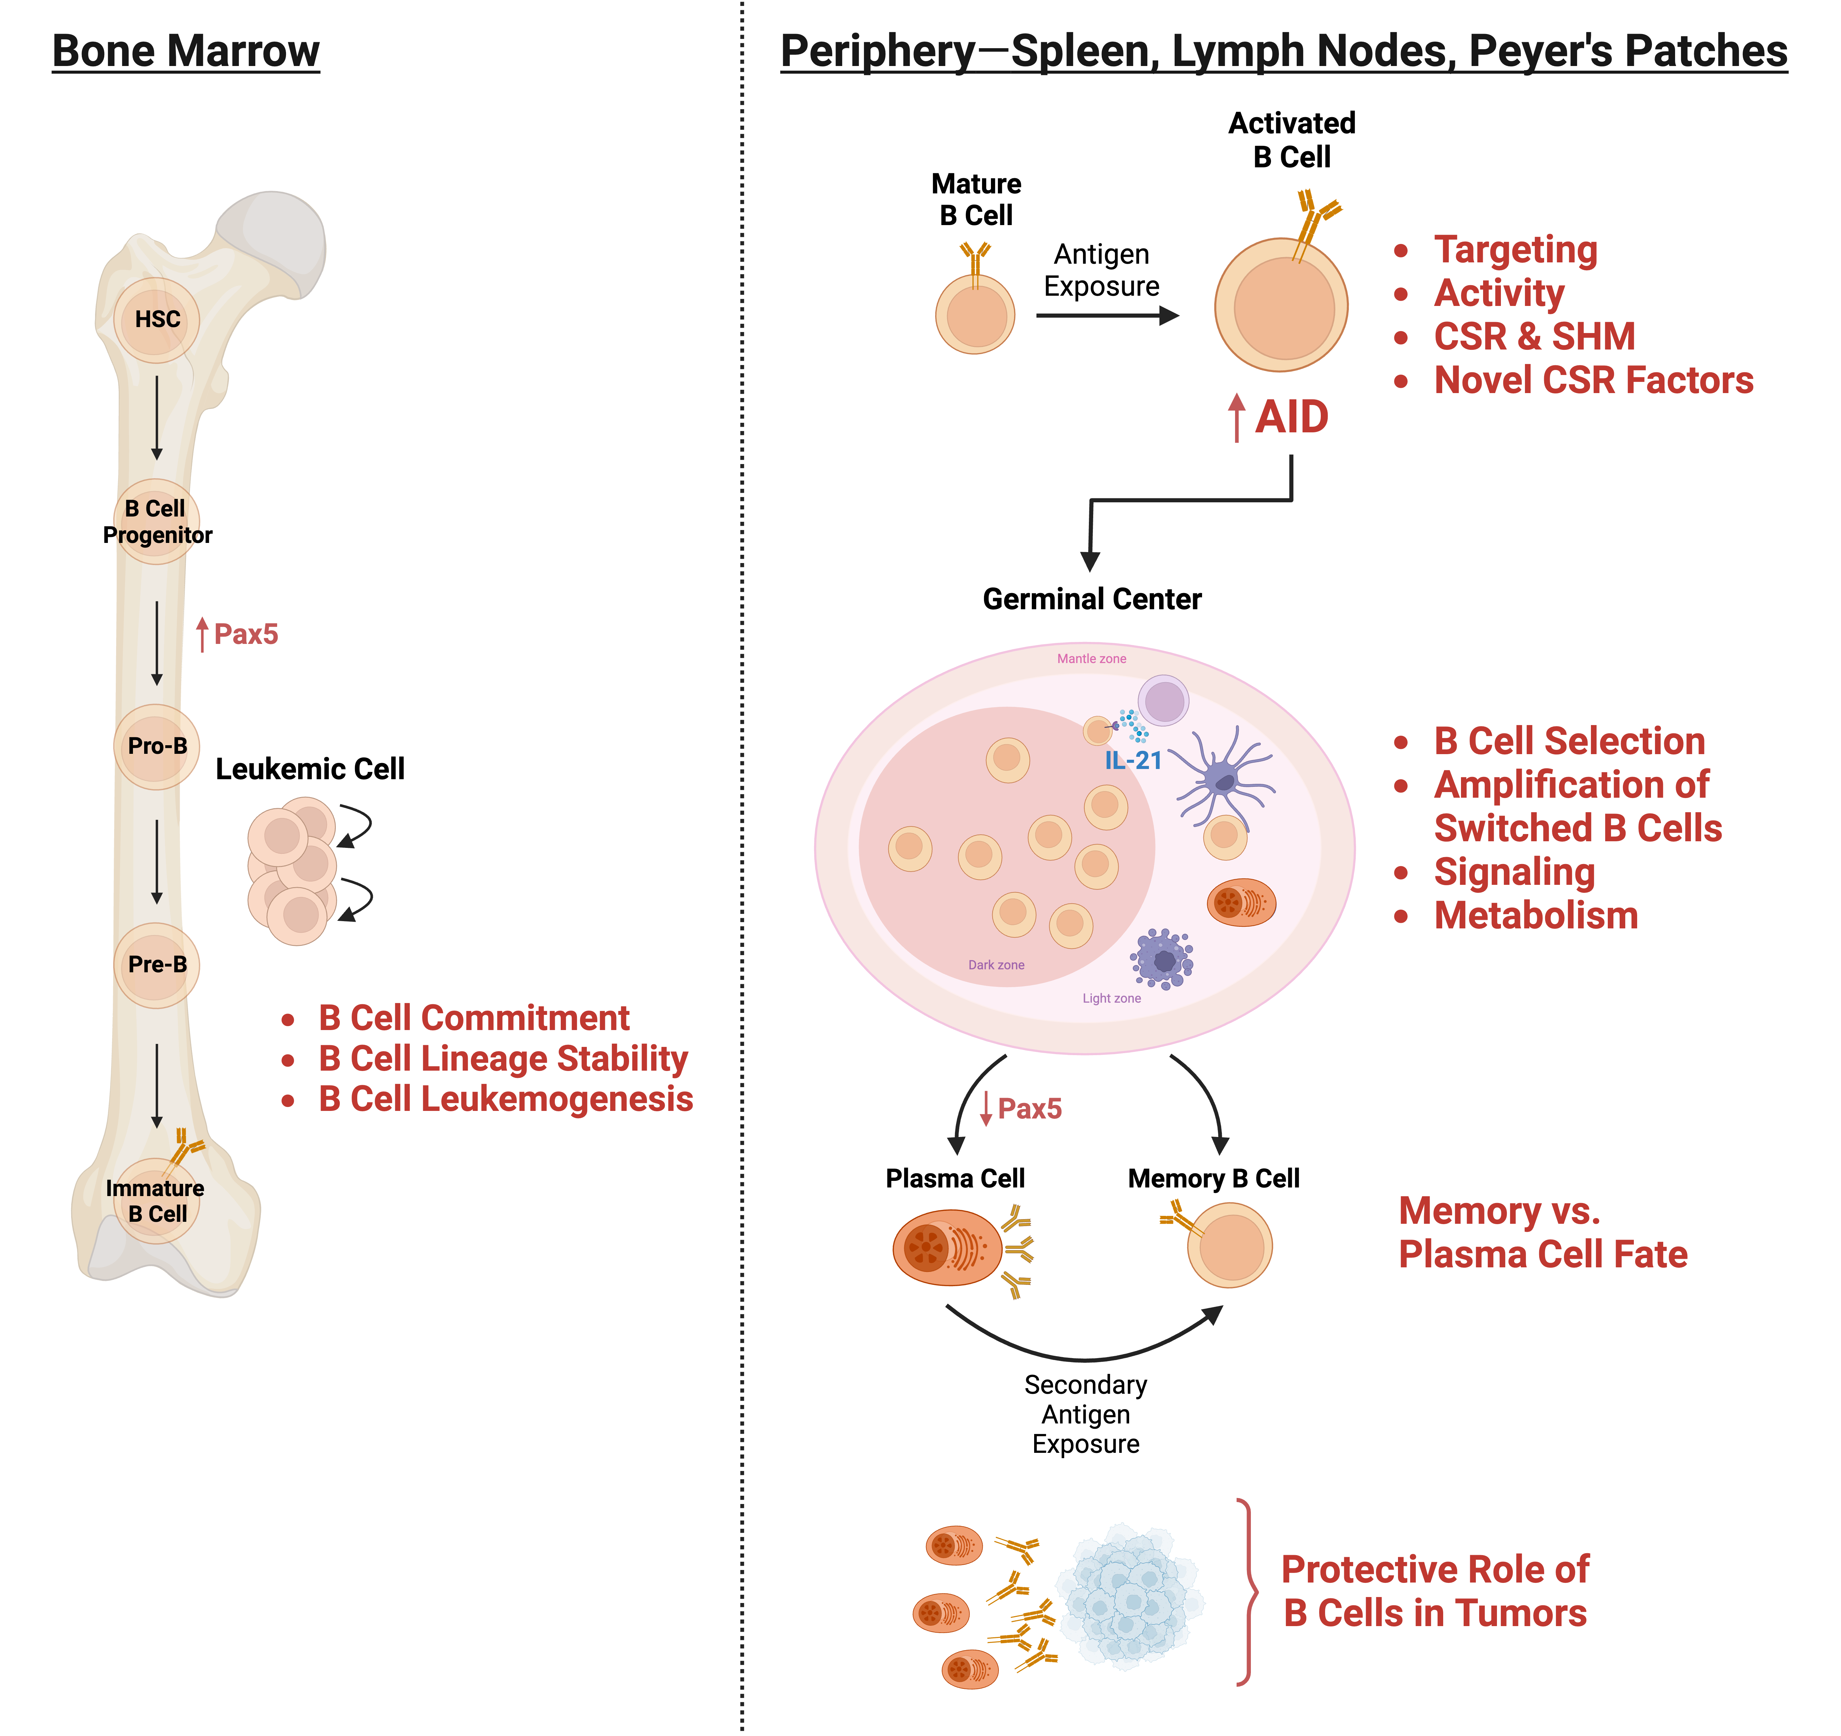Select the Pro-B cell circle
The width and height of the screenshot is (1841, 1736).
click(x=156, y=747)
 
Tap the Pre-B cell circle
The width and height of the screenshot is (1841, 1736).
click(x=156, y=965)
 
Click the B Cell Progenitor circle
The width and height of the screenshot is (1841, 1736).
click(x=156, y=521)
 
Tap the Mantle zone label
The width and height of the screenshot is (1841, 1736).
click(x=1092, y=659)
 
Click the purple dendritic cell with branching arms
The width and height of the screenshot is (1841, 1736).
click(x=1224, y=776)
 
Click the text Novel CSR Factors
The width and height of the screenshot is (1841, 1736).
click(x=1593, y=380)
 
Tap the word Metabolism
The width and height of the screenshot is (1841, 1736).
click(x=1536, y=916)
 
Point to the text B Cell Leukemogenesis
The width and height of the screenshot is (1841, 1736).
click(x=506, y=1100)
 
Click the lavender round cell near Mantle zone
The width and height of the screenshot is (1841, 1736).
click(x=1163, y=700)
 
